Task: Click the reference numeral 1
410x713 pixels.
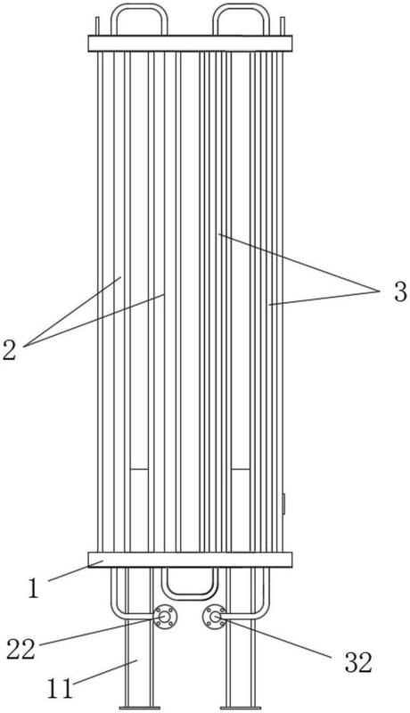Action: click(x=33, y=589)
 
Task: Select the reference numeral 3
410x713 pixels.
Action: click(x=400, y=292)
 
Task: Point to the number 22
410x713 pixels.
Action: click(x=20, y=650)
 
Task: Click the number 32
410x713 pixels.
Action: click(x=358, y=662)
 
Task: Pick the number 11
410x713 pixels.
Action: click(x=60, y=689)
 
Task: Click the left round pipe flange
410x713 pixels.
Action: click(x=164, y=617)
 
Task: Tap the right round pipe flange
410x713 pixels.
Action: click(x=214, y=617)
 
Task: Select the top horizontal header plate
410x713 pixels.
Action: click(x=190, y=44)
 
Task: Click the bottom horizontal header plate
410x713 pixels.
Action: click(x=190, y=560)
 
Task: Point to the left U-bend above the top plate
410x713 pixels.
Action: click(x=139, y=6)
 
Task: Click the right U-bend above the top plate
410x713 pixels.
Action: click(x=242, y=6)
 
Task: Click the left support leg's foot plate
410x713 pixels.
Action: click(x=140, y=708)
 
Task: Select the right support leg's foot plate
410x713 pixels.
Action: click(x=241, y=708)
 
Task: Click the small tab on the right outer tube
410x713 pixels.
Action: click(x=283, y=504)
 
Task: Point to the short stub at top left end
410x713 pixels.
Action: click(x=97, y=27)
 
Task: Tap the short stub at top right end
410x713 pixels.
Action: click(x=283, y=27)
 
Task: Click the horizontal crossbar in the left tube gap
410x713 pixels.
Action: click(x=139, y=469)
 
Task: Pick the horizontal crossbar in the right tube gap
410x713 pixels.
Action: click(x=241, y=469)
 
